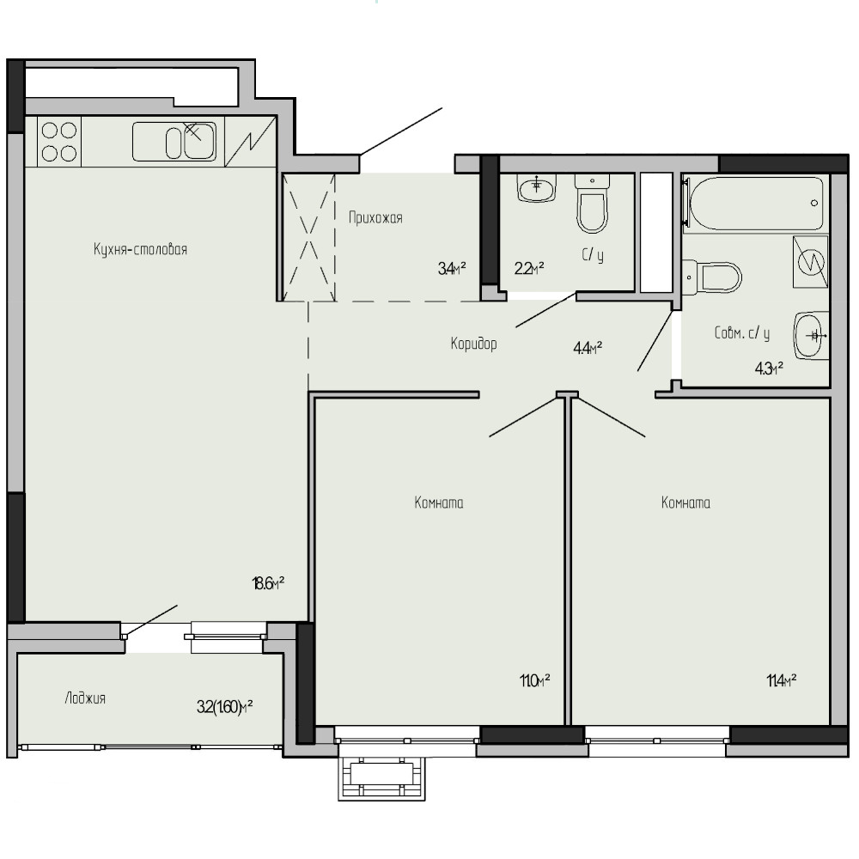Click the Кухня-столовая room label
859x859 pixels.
pyautogui.click(x=140, y=250)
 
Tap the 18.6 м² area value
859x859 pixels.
pyautogui.click(x=268, y=583)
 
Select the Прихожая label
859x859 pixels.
pyautogui.click(x=376, y=218)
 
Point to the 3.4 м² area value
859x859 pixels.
pyautogui.click(x=452, y=268)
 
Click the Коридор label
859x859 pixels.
pyautogui.click(x=474, y=344)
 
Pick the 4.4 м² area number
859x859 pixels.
pyautogui.click(x=588, y=348)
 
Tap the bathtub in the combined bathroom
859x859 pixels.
pyautogui.click(x=757, y=204)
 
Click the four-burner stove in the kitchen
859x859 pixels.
pyautogui.click(x=59, y=142)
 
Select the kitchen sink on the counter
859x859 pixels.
pyautogui.click(x=174, y=142)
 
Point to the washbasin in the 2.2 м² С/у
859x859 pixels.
pyautogui.click(x=537, y=188)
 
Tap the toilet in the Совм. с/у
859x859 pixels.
pyautogui.click(x=712, y=277)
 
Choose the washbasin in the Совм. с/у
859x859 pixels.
pyautogui.click(x=811, y=335)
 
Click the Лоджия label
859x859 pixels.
pyautogui.click(x=85, y=698)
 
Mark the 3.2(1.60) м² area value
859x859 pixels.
pyautogui.click(x=224, y=707)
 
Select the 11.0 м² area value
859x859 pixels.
pyautogui.click(x=534, y=681)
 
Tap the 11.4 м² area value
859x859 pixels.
pyautogui.click(x=781, y=681)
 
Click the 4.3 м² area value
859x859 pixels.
pyautogui.click(x=769, y=369)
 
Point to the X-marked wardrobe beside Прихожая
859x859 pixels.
pyautogui.click(x=308, y=238)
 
